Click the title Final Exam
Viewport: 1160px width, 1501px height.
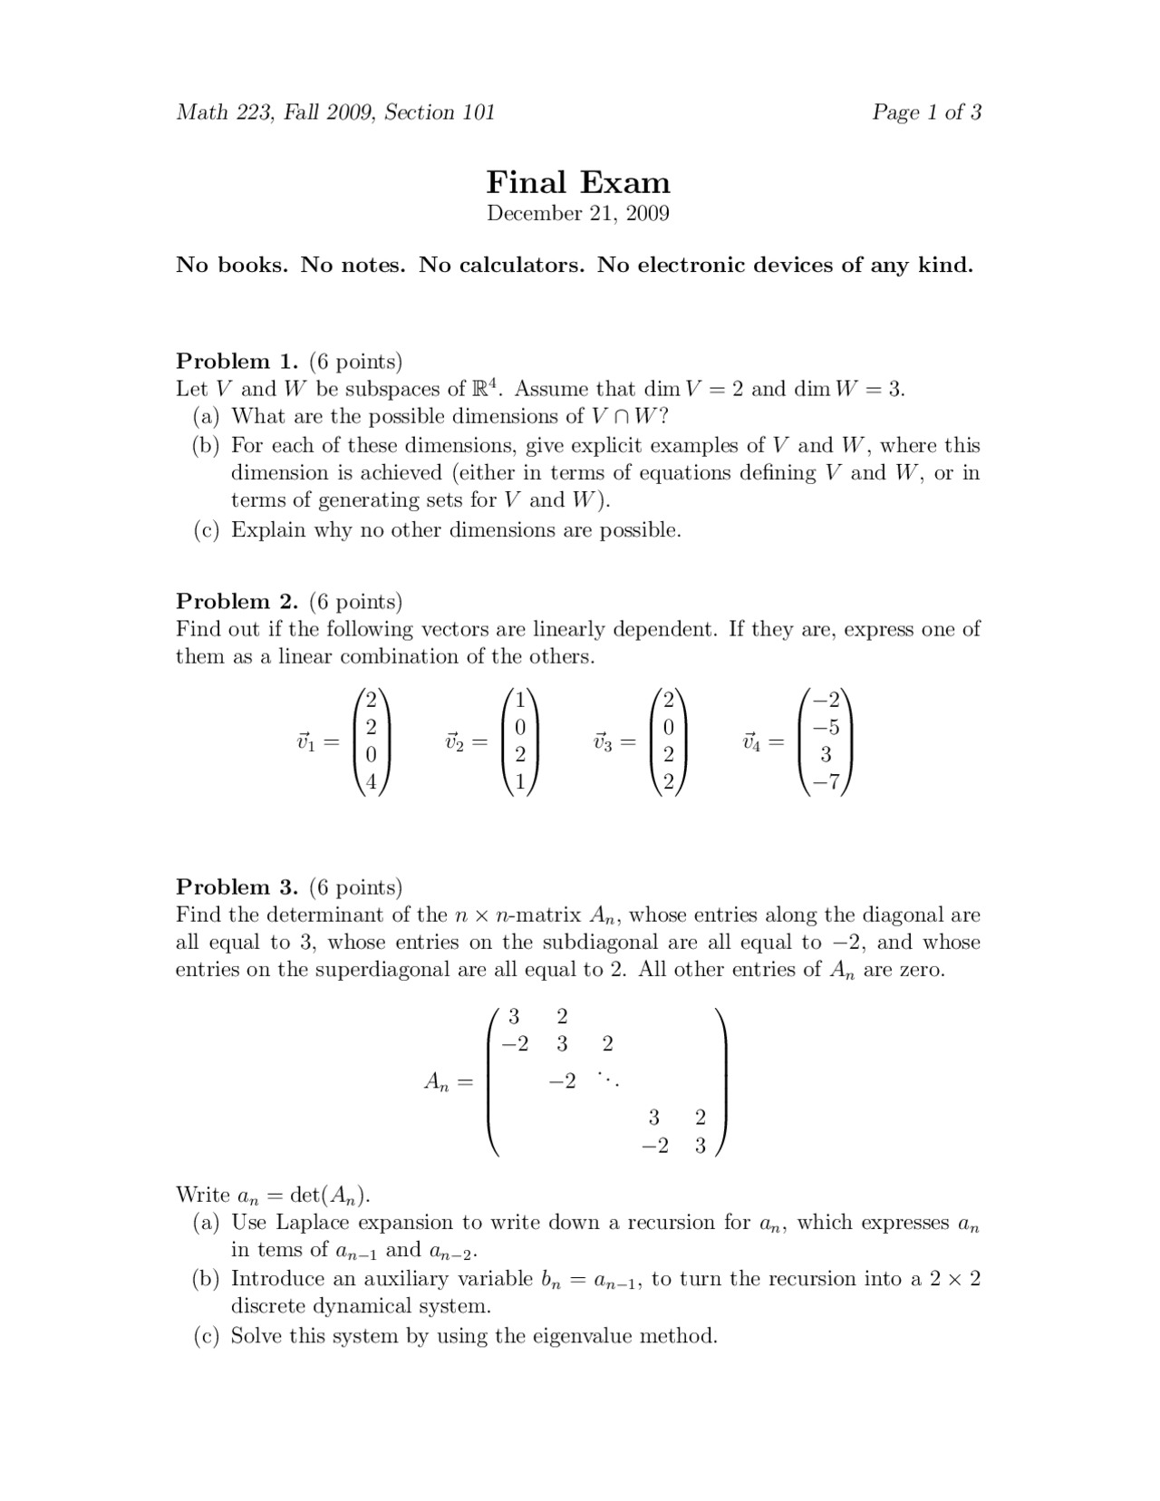[578, 182]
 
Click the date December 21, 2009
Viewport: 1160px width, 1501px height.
[578, 214]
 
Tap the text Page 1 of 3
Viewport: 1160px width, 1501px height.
[926, 112]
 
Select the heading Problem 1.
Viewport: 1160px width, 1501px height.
[237, 362]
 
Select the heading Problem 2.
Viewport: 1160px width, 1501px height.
[237, 602]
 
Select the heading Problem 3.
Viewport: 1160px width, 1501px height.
[237, 887]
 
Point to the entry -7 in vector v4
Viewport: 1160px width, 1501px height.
[826, 782]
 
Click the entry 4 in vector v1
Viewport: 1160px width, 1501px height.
[371, 782]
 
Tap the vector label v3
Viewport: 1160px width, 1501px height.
[602, 742]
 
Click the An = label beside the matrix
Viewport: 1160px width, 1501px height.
[448, 1081]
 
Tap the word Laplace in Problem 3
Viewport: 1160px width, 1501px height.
[312, 1223]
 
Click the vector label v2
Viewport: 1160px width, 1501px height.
[453, 742]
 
